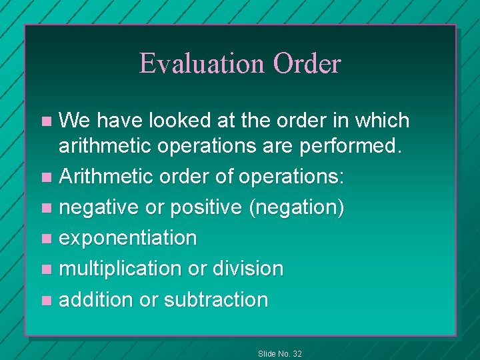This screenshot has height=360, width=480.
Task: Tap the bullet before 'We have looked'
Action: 45,121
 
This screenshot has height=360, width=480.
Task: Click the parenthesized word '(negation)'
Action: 296,208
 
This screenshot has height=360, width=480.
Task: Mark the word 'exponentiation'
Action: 128,238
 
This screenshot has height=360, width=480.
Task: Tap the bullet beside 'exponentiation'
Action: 45,239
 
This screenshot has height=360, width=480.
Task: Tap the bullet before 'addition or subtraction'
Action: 45,300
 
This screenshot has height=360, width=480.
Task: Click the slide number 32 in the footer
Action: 296,353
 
